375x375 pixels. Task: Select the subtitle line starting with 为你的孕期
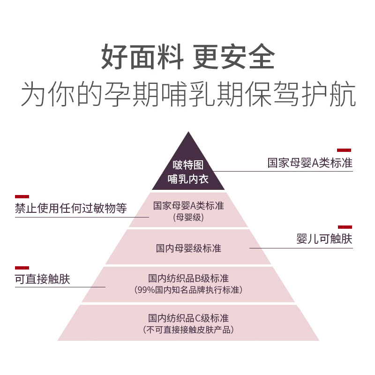click(x=187, y=95)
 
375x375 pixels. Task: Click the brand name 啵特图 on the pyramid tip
click(x=188, y=165)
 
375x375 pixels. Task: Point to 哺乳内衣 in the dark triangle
click(x=188, y=179)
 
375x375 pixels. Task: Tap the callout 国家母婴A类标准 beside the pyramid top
click(x=310, y=163)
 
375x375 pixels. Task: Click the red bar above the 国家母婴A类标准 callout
click(x=344, y=150)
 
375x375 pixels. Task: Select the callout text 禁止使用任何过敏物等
click(x=71, y=208)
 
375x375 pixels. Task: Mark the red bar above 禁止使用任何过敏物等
click(x=22, y=196)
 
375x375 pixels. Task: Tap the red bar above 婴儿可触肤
click(x=345, y=227)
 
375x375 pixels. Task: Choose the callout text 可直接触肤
click(x=43, y=279)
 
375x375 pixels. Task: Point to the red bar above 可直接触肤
click(x=22, y=268)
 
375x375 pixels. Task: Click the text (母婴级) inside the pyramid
click(x=188, y=217)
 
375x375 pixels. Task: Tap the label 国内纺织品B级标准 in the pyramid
click(x=188, y=278)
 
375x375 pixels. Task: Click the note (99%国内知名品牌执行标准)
click(x=188, y=290)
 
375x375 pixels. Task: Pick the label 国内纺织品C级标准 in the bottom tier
click(x=188, y=318)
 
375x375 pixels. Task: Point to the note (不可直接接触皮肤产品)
click(x=188, y=330)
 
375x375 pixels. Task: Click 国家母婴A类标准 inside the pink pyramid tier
click(x=188, y=205)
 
